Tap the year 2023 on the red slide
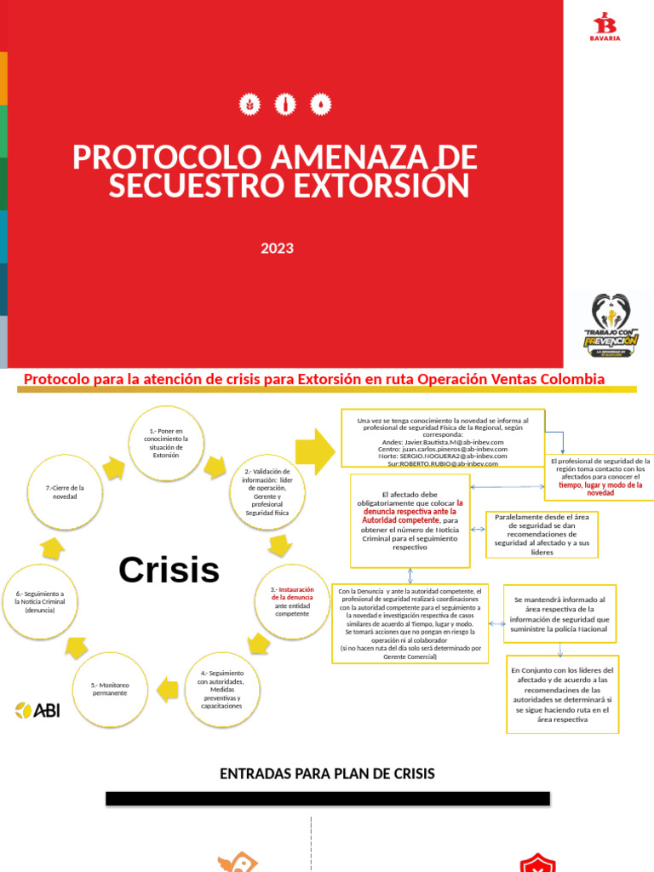click(278, 249)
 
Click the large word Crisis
click(169, 569)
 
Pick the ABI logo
click(37, 710)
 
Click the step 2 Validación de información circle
click(267, 492)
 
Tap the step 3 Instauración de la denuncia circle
click(292, 601)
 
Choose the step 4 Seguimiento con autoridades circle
click(221, 689)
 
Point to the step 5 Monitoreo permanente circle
click(109, 688)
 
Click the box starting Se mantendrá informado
click(559, 614)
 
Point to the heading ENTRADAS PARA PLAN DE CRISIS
click(327, 773)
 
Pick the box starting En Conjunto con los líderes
click(562, 694)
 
